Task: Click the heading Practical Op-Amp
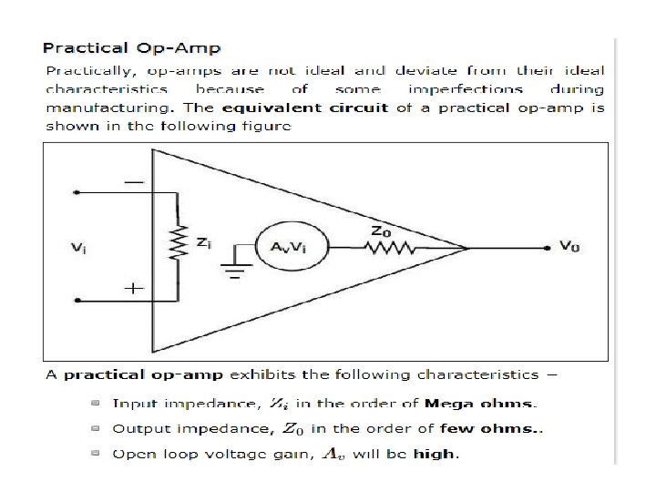pyautogui.click(x=132, y=48)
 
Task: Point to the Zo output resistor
pyautogui.click(x=393, y=247)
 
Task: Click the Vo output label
pyautogui.click(x=569, y=246)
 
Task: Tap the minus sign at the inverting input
pyautogui.click(x=133, y=183)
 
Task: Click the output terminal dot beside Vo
pyautogui.click(x=546, y=247)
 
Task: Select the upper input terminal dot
pyautogui.click(x=77, y=193)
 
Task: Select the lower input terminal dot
pyautogui.click(x=77, y=300)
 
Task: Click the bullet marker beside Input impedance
pyautogui.click(x=96, y=403)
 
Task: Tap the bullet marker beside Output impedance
pyautogui.click(x=96, y=428)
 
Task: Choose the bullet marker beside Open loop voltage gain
pyautogui.click(x=96, y=453)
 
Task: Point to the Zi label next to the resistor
pyautogui.click(x=204, y=242)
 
